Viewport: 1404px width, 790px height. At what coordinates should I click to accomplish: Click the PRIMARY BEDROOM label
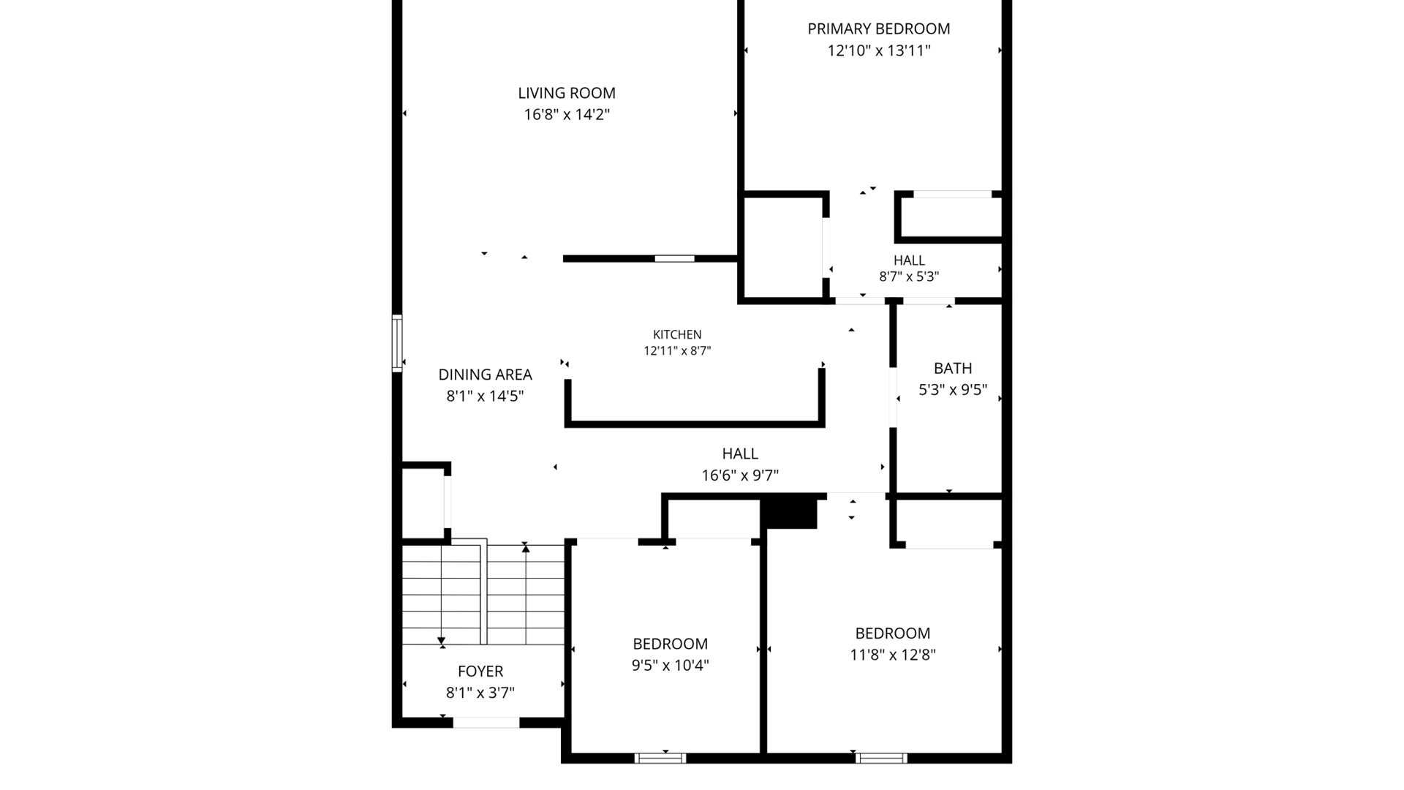click(x=879, y=29)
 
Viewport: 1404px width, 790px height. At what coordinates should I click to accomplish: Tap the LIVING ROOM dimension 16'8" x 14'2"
click(x=567, y=115)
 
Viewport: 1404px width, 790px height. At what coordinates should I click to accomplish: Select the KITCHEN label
click(x=677, y=335)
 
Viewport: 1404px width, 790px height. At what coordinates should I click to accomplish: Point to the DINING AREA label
click(x=485, y=375)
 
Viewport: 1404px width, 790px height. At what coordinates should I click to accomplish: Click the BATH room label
click(x=953, y=369)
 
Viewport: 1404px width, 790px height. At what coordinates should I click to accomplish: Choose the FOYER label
click(x=480, y=671)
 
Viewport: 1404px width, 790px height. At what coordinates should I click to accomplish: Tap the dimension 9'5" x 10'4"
click(x=671, y=666)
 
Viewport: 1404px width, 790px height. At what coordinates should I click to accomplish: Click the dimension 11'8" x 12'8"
click(x=893, y=655)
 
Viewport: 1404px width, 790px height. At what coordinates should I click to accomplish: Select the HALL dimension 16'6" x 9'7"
click(x=740, y=475)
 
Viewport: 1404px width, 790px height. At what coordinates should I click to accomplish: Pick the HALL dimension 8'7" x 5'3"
click(x=909, y=276)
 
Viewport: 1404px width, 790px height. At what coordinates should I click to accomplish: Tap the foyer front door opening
click(x=486, y=723)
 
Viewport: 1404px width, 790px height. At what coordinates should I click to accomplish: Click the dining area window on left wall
click(x=397, y=343)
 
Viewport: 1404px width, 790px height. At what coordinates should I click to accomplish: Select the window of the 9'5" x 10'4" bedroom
click(x=660, y=758)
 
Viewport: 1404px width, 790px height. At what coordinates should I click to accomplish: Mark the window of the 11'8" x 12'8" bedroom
click(x=881, y=758)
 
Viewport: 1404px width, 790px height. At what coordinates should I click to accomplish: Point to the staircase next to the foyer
click(x=483, y=595)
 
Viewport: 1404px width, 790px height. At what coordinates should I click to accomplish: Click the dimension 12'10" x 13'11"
click(x=879, y=51)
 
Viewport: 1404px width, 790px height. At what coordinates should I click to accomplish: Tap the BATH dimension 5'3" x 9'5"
click(x=953, y=391)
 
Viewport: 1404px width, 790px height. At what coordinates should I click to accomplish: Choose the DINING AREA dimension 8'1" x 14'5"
click(x=485, y=396)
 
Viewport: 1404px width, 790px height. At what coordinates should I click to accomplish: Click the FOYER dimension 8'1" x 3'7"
click(x=480, y=693)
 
